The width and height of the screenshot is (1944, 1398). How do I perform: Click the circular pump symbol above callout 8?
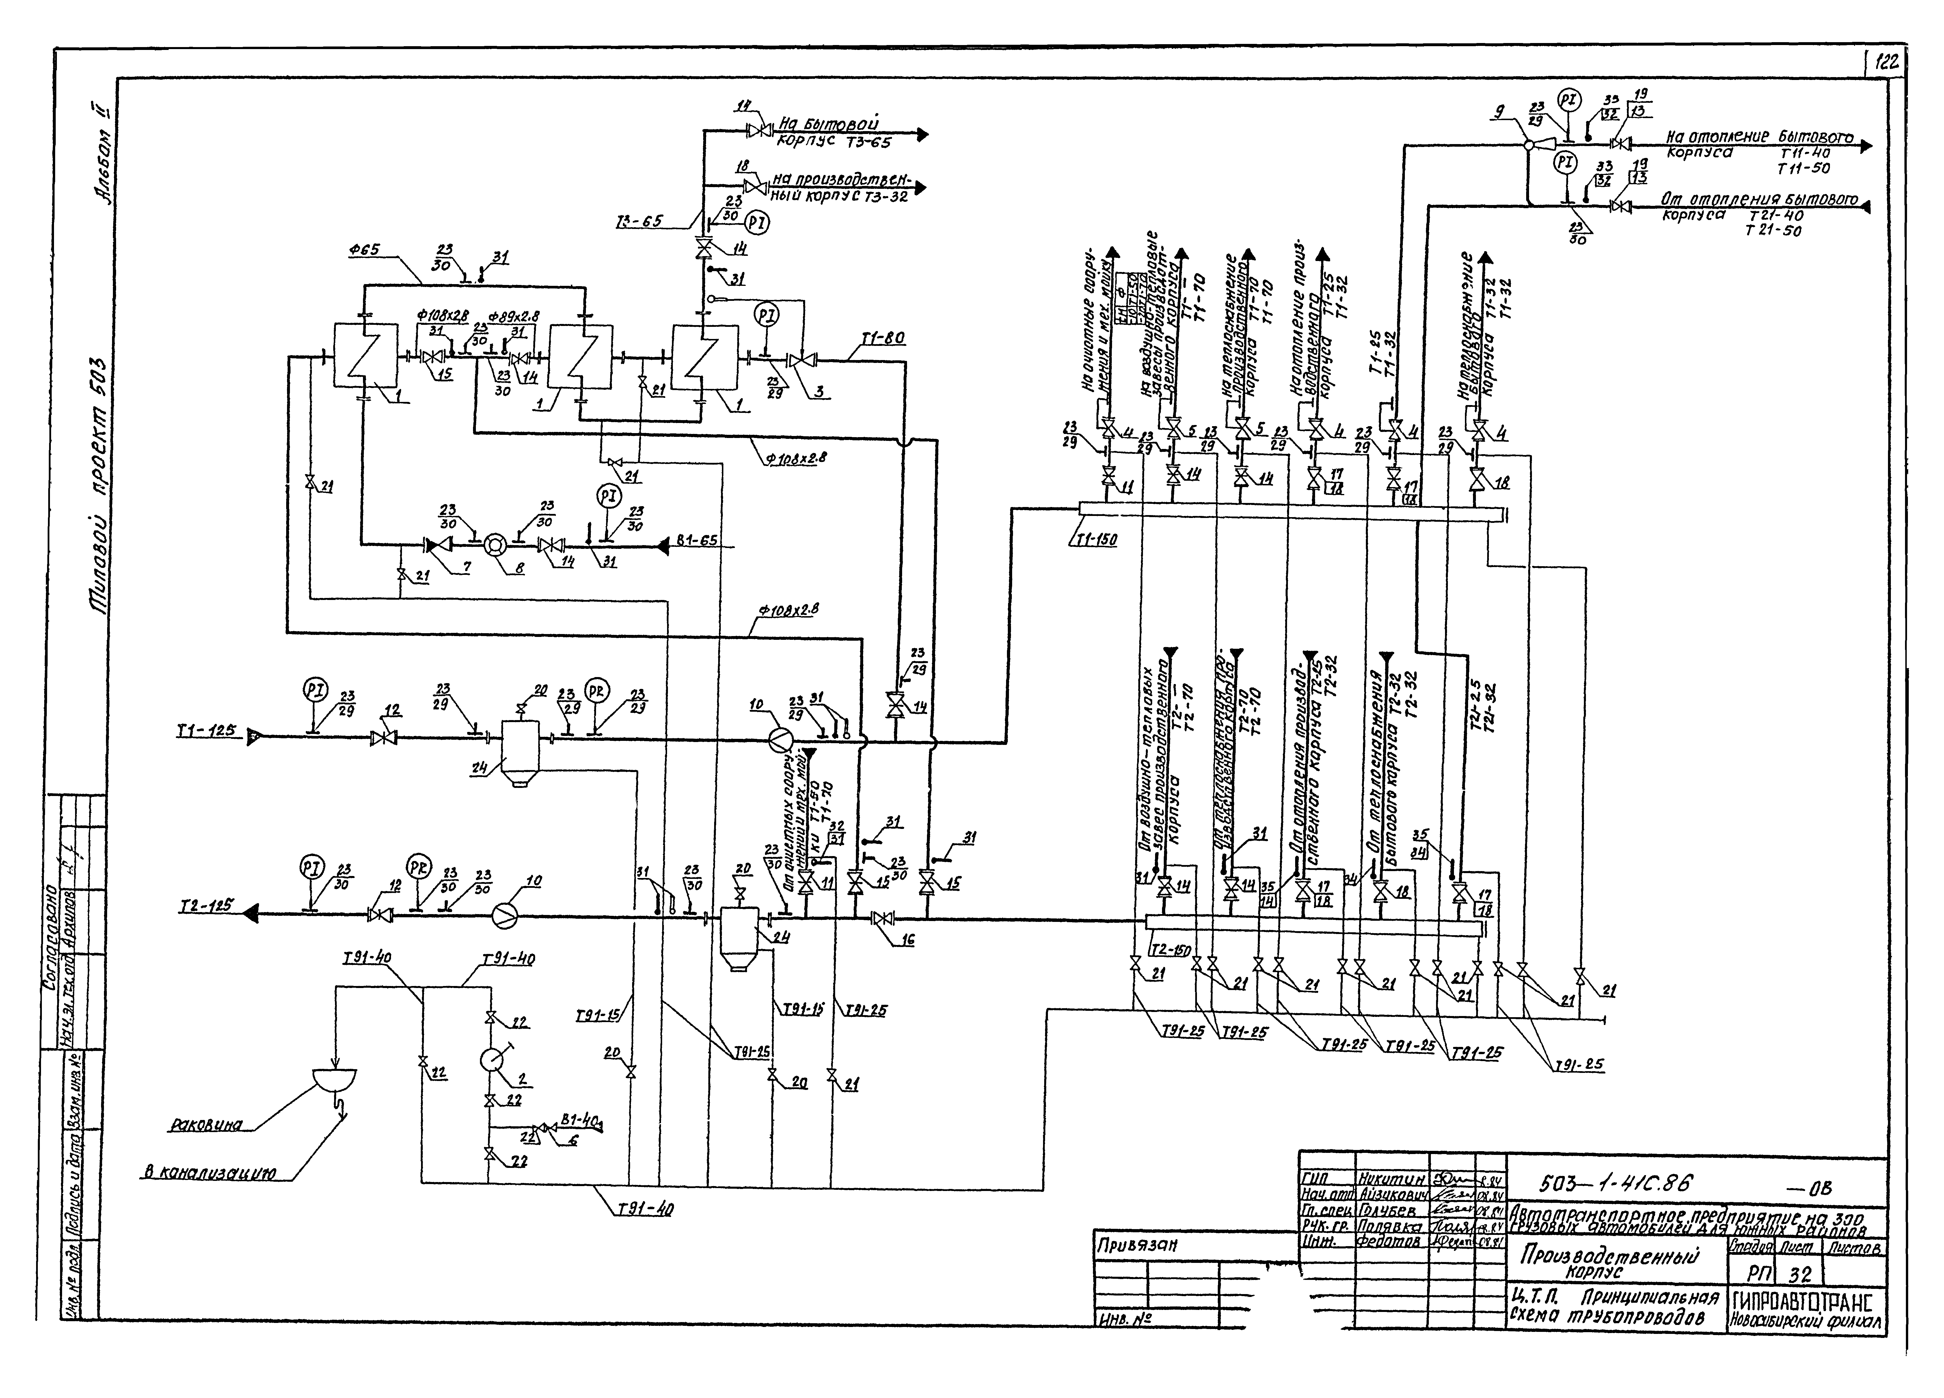point(496,543)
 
